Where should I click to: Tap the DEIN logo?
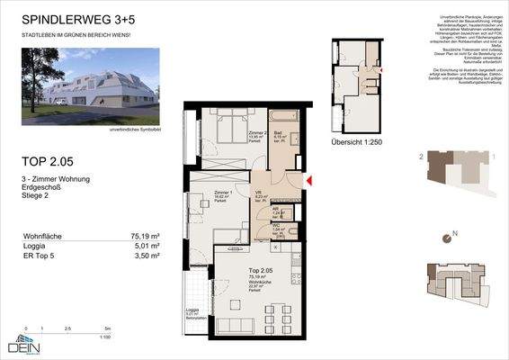tap(26, 346)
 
